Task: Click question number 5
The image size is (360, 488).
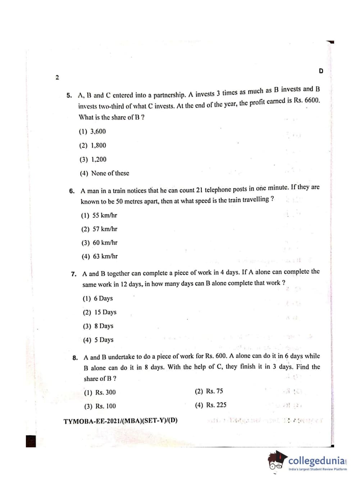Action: [69, 96]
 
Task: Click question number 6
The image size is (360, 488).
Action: [72, 191]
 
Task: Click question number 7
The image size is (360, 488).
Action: [74, 274]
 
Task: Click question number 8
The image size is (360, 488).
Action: [75, 358]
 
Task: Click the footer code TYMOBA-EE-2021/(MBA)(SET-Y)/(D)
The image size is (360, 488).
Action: [120, 421]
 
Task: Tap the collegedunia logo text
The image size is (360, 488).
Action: [316, 461]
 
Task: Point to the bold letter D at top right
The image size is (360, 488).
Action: [321, 71]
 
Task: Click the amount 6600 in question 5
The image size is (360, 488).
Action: [312, 100]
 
